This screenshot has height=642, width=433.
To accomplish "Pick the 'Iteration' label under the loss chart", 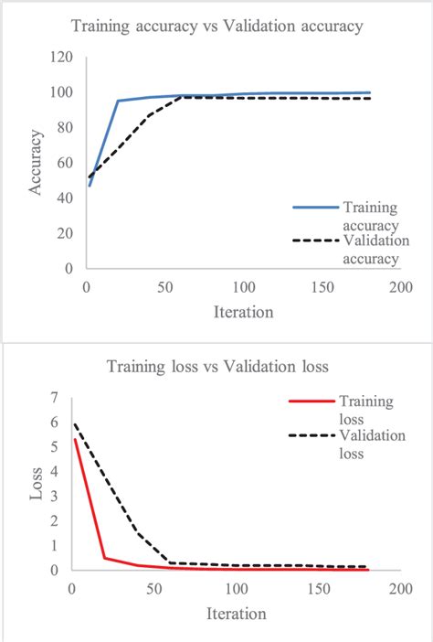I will tap(235, 613).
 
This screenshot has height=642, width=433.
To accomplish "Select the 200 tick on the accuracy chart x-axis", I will tap(396, 287).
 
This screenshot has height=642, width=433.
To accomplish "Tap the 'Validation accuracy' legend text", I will tap(371, 250).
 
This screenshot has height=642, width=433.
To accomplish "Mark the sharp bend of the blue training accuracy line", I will tap(118, 101).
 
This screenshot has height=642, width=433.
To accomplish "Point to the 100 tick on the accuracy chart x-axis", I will tap(241, 287).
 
